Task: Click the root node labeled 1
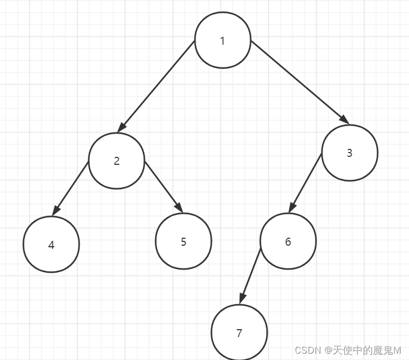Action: [x=223, y=41]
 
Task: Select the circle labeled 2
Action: [x=116, y=161]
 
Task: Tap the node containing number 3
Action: [x=350, y=153]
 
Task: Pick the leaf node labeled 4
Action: [x=51, y=245]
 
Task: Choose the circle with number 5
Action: [x=183, y=241]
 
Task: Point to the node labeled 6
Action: [x=288, y=241]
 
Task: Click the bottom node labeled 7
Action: [x=239, y=333]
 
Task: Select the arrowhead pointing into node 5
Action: [x=179, y=208]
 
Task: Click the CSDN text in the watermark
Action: [x=307, y=350]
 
